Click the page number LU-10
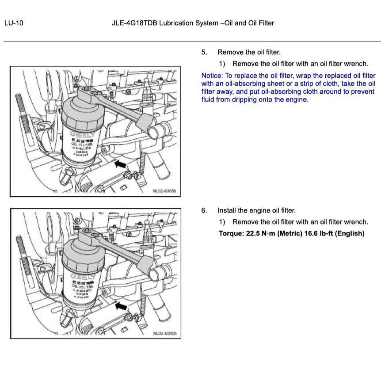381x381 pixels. [x=13, y=23]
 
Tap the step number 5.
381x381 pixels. [x=204, y=52]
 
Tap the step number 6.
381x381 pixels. [x=204, y=210]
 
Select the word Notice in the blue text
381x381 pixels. [x=211, y=76]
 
